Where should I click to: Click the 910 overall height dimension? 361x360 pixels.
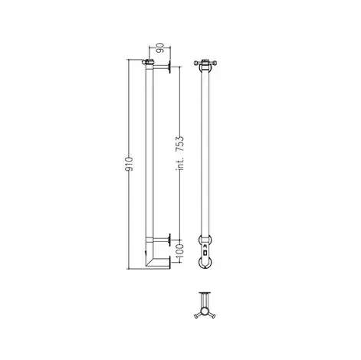130,164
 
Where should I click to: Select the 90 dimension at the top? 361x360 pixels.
160,48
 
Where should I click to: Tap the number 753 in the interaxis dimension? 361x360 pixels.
180,145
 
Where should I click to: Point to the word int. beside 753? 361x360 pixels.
180,164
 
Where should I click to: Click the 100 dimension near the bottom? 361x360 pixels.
180,251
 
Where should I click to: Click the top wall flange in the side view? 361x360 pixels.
169,67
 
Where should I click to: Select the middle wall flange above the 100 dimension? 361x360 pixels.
169,240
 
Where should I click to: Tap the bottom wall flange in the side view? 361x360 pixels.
169,262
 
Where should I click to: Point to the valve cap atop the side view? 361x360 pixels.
148,61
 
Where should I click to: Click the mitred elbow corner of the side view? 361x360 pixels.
149,262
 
